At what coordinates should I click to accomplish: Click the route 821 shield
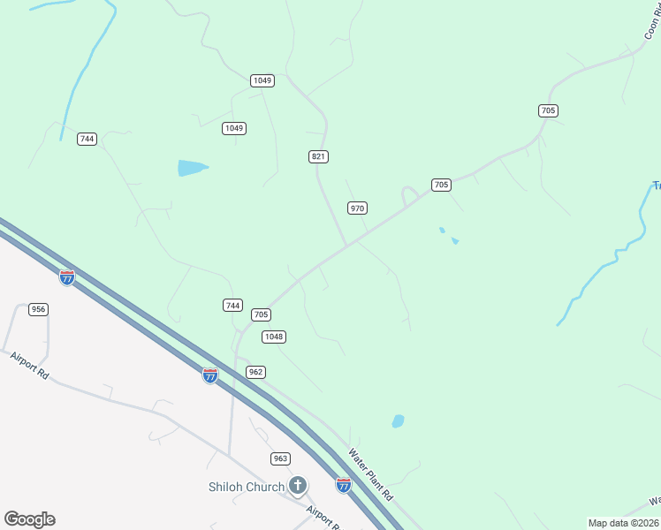(x=319, y=156)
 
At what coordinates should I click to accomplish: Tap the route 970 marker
(x=357, y=208)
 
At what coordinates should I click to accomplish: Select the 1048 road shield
(x=274, y=337)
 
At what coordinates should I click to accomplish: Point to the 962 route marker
(x=255, y=372)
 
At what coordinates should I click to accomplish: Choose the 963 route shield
(x=280, y=458)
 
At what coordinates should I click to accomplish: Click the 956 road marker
(x=38, y=309)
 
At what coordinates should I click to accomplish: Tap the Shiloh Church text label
(x=247, y=487)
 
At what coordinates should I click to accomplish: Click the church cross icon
(x=298, y=485)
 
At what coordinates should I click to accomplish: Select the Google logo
(x=29, y=519)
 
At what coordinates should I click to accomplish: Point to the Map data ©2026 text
(x=623, y=523)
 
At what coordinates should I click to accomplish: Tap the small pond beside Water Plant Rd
(x=398, y=421)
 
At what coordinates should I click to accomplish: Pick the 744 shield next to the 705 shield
(x=232, y=305)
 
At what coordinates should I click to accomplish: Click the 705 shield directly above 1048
(x=261, y=314)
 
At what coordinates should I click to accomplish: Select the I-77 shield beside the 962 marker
(x=209, y=375)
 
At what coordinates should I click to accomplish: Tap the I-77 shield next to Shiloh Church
(x=343, y=484)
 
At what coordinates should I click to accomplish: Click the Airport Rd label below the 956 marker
(x=30, y=365)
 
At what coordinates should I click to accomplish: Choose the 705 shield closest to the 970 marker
(x=441, y=185)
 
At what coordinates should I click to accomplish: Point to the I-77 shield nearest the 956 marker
(x=67, y=277)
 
